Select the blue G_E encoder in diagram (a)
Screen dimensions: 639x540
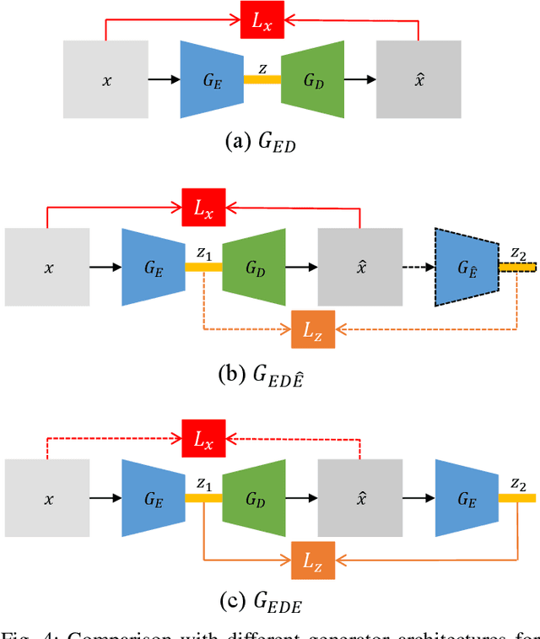tap(212, 80)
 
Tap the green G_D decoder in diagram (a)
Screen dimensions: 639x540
tap(313, 80)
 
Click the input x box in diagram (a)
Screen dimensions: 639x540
tap(105, 80)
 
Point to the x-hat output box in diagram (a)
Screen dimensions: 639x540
tap(419, 80)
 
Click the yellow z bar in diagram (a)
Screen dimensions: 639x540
tap(262, 80)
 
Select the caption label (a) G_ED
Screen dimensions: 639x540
tap(260, 142)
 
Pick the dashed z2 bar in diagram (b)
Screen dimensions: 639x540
tap(516, 267)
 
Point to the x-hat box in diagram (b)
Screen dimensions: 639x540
tap(360, 267)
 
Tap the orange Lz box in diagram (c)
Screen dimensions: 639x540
tap(313, 558)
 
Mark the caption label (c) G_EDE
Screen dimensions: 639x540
tap(259, 603)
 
